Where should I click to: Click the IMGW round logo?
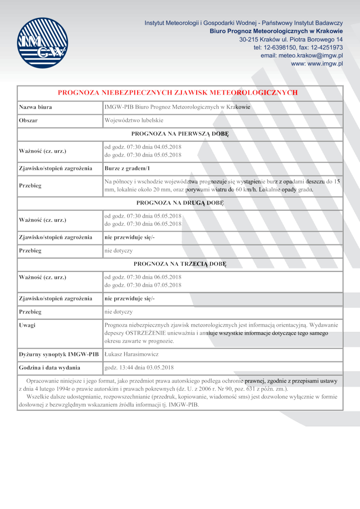click(x=43, y=43)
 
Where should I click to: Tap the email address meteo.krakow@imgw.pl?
click(x=302, y=55)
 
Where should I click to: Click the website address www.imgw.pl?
click(x=317, y=64)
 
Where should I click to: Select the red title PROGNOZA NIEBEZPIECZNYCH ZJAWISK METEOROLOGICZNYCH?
click(x=178, y=93)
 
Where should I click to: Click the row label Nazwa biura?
click(x=35, y=107)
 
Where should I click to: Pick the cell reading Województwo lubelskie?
click(x=134, y=121)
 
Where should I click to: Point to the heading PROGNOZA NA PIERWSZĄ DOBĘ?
click(x=180, y=134)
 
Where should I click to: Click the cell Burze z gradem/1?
click(x=126, y=168)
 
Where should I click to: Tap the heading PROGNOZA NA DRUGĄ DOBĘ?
click(x=180, y=202)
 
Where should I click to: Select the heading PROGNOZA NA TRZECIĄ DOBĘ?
click(x=180, y=263)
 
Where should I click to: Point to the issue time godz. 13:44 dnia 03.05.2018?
click(x=139, y=367)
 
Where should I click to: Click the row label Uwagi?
click(x=27, y=325)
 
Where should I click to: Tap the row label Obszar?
click(x=28, y=121)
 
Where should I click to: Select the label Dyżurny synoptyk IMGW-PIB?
click(x=58, y=354)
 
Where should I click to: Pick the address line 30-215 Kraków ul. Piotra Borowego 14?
click(x=291, y=39)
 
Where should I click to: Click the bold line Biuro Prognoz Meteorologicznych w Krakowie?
click(x=276, y=31)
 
